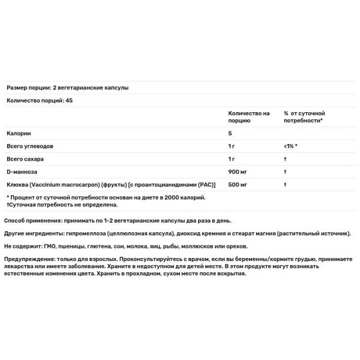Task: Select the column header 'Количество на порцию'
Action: tap(249, 116)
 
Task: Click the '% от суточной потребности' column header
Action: tap(304, 116)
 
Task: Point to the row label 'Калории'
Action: tap(19, 133)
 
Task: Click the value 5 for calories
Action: tap(230, 133)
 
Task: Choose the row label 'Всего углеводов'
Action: tap(31, 146)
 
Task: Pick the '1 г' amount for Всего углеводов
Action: tap(232, 146)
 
